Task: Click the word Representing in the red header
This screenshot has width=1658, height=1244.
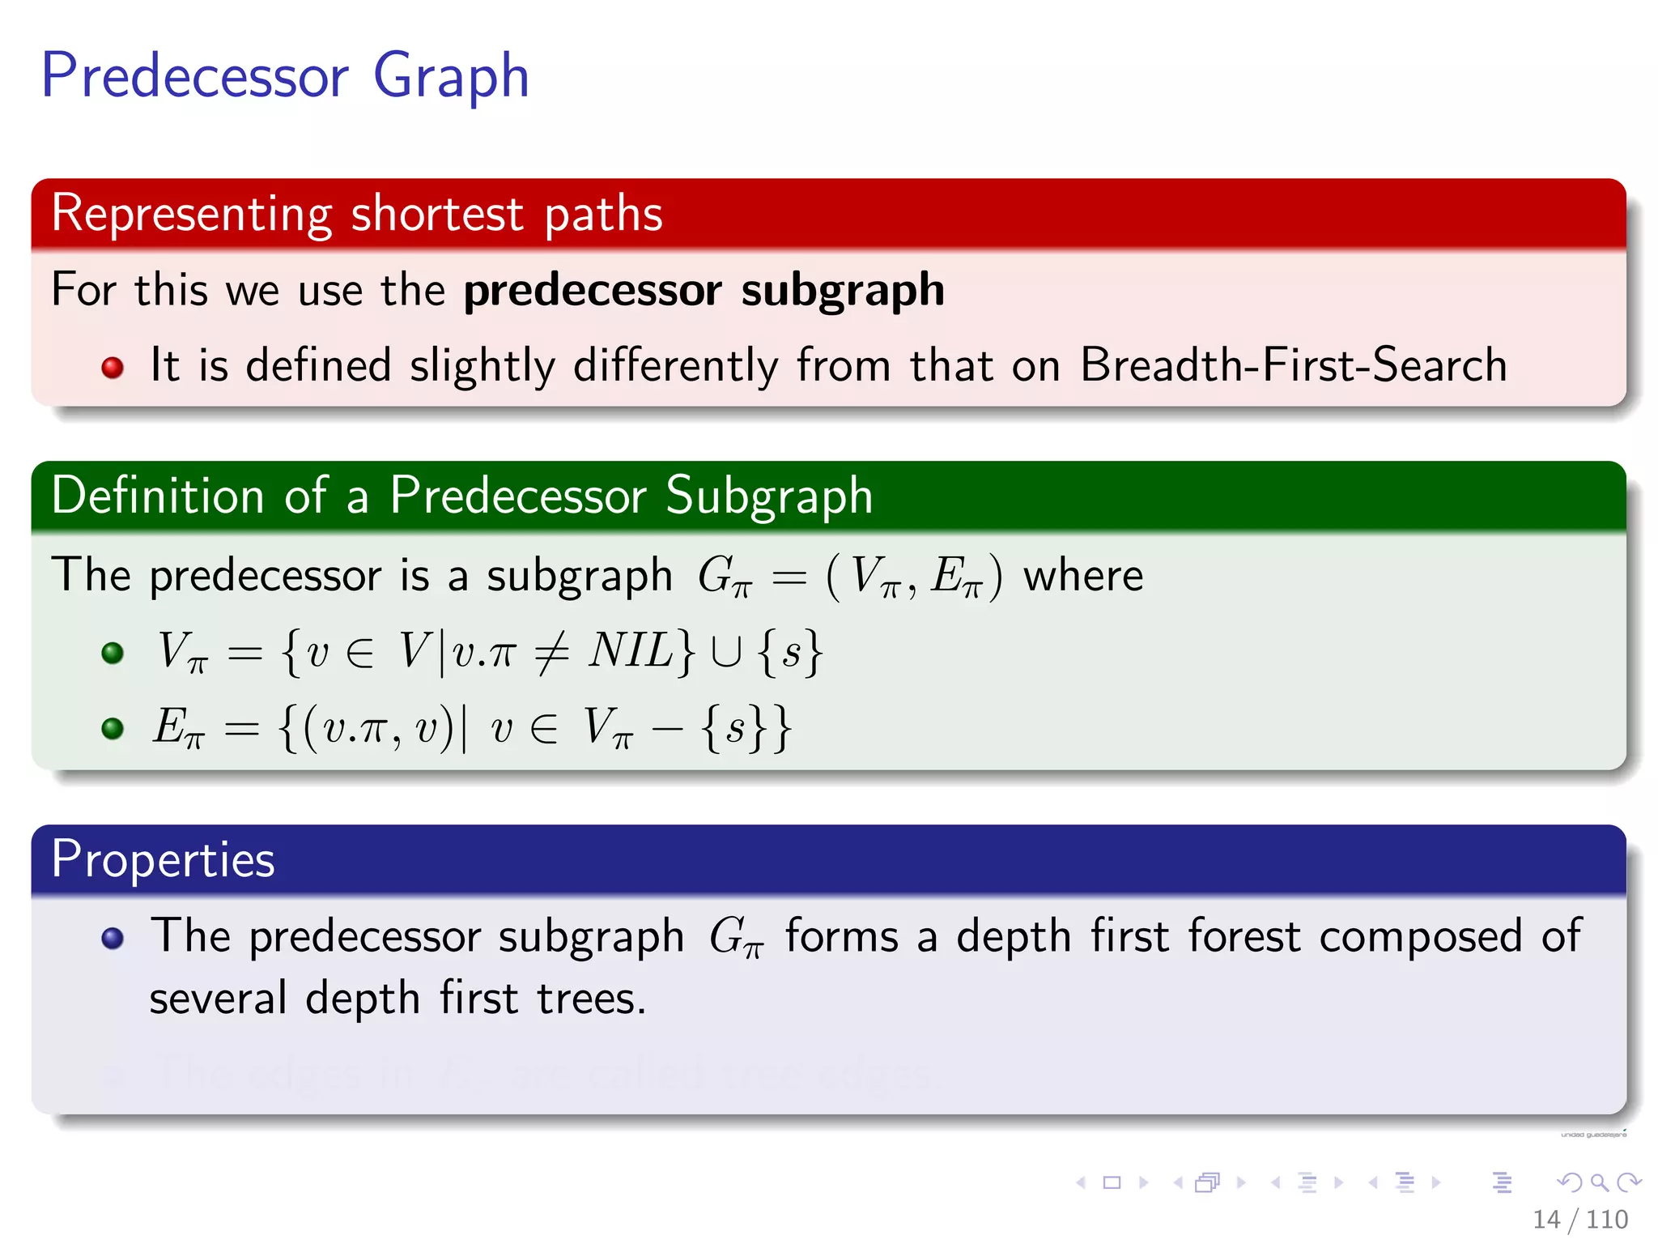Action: [191, 214]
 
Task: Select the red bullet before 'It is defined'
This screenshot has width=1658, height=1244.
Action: [113, 368]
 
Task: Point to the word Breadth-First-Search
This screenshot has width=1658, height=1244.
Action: [1293, 364]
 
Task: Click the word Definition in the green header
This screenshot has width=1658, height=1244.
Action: [157, 496]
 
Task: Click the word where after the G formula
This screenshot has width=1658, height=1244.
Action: [1083, 576]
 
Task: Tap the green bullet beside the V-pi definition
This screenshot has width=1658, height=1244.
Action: [113, 653]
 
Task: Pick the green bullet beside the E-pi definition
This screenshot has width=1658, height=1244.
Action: [113, 727]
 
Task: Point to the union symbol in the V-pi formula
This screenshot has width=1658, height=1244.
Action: [725, 653]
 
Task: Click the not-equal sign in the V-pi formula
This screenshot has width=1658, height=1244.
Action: [551, 652]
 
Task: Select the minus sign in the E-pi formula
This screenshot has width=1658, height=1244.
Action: [667, 728]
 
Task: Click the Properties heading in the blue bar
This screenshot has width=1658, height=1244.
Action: [163, 859]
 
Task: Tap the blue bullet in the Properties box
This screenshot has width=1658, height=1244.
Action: [113, 938]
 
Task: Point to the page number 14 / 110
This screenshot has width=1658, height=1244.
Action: [1579, 1219]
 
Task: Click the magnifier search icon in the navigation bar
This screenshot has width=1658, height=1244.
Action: [1599, 1182]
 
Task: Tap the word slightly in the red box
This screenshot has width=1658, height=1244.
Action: [483, 366]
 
